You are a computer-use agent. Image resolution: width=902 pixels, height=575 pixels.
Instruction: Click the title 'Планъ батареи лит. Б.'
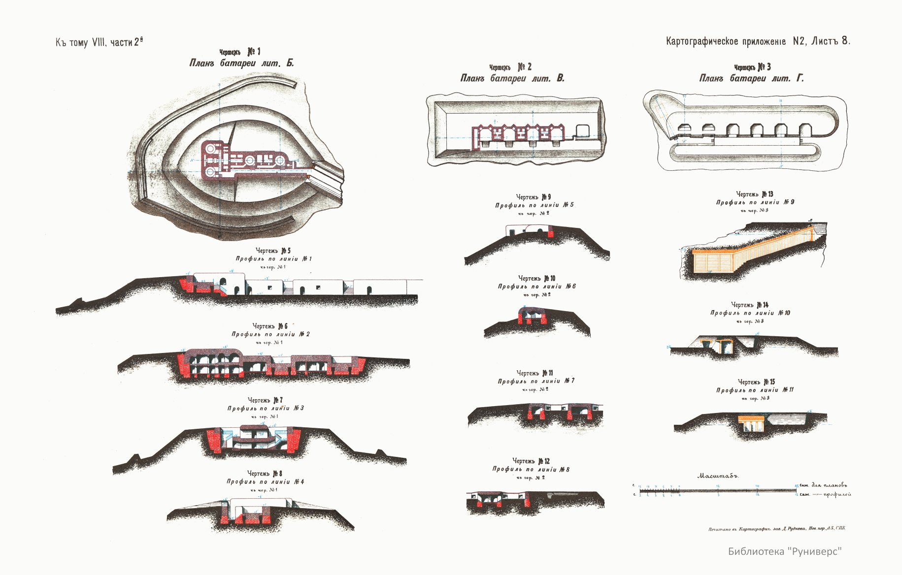[x=241, y=64]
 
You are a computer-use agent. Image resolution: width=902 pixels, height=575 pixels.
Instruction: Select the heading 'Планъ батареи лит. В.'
[x=512, y=78]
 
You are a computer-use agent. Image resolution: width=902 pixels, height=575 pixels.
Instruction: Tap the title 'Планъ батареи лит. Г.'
[x=751, y=78]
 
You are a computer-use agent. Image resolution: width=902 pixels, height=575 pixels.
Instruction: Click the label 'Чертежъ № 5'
[x=273, y=251]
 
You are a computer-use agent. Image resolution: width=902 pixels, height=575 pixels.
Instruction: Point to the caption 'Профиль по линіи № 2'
[x=270, y=334]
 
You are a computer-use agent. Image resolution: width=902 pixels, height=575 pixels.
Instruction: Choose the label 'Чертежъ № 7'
[x=265, y=400]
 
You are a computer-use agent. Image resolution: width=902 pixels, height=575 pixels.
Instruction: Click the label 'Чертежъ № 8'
[x=265, y=474]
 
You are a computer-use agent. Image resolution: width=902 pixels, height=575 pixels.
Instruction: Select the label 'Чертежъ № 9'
[x=534, y=197]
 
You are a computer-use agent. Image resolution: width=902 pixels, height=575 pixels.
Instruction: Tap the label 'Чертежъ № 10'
[x=536, y=278]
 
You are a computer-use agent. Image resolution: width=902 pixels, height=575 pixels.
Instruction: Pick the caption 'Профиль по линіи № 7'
[x=536, y=381]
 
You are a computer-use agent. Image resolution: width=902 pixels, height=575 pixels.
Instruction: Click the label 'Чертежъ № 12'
[x=531, y=461]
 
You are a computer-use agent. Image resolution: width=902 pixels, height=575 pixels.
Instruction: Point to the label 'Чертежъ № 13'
[x=755, y=194]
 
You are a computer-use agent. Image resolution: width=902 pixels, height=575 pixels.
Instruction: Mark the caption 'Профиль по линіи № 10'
[x=750, y=313]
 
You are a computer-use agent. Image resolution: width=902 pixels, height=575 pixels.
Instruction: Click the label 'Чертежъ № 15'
[x=756, y=382]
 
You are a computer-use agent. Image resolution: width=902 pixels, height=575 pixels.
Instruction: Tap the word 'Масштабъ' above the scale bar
[x=718, y=476]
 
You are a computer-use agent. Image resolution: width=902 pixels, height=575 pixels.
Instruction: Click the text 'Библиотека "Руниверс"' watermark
[x=785, y=551]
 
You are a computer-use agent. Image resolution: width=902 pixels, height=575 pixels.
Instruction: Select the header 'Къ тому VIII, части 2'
[x=99, y=42]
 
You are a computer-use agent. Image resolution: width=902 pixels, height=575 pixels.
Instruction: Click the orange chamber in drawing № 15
[x=751, y=422]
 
